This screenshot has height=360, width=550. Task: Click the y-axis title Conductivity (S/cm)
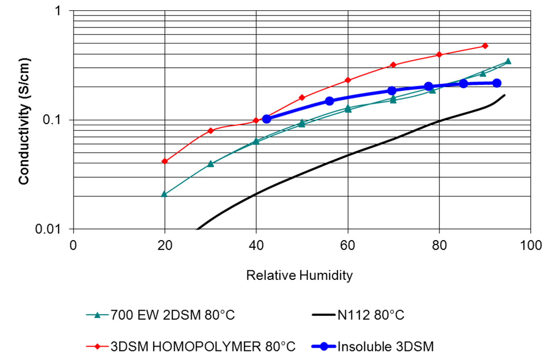pos(24,121)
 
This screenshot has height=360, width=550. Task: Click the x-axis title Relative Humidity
pos(299,276)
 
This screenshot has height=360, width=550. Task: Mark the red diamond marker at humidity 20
pos(165,161)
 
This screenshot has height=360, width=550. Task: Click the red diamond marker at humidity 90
pos(485,46)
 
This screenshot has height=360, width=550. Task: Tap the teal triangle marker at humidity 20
pos(164,194)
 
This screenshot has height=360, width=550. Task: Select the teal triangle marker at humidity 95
pos(508,61)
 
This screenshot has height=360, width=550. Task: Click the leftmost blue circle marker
pos(266,119)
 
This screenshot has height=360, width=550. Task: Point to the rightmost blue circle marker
pos(497,83)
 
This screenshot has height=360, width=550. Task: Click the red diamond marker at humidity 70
pos(393,64)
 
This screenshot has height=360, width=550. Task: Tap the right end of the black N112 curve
pos(504,95)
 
